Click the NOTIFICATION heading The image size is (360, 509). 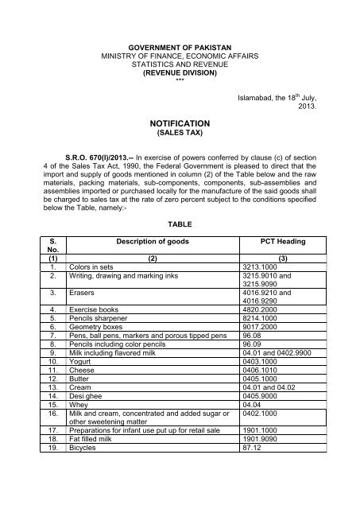point(180,125)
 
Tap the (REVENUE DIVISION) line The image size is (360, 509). point(180,73)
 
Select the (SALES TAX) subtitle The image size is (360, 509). point(180,135)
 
